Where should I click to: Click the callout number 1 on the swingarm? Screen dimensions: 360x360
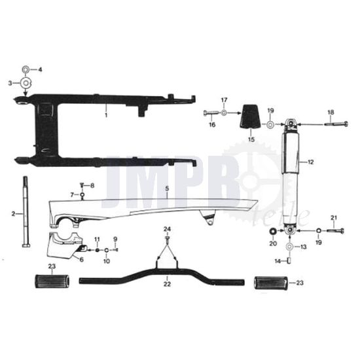[x=106, y=115]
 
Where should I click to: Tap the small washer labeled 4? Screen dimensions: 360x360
[x=26, y=69]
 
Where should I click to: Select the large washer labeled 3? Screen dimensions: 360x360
[x=26, y=82]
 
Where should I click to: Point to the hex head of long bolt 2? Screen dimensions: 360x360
[x=26, y=246]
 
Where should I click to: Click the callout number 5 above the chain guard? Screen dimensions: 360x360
[x=167, y=189]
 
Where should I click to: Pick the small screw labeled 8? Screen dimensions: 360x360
[x=82, y=186]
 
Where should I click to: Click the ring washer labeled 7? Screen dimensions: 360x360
[x=82, y=195]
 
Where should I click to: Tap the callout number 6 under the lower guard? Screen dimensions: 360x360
[x=82, y=259]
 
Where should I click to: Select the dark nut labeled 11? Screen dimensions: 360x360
[x=97, y=250]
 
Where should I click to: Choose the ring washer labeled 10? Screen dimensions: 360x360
[x=107, y=250]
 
